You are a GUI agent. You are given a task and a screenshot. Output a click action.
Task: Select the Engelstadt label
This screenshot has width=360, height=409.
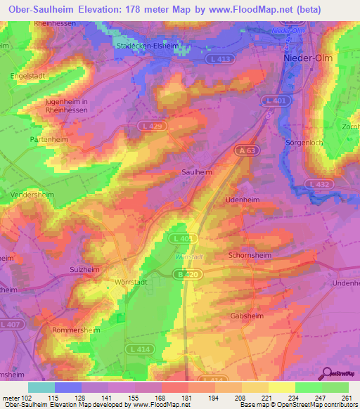(x=27, y=74)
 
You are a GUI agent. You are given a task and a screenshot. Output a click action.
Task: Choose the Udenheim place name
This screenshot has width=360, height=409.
(x=242, y=200)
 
